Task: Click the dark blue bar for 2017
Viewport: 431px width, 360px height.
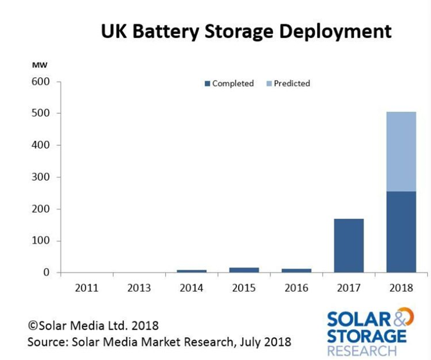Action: [x=349, y=246]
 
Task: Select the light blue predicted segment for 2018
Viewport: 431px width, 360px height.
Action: [x=401, y=152]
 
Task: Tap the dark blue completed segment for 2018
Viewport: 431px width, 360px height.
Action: [x=401, y=232]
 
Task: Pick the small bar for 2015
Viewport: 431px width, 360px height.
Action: [x=244, y=270]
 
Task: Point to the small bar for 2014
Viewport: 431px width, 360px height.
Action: [x=191, y=271]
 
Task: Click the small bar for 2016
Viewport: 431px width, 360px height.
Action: [x=296, y=271]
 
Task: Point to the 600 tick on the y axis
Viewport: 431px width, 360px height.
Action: [x=40, y=82]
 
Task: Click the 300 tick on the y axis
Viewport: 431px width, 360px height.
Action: [x=40, y=177]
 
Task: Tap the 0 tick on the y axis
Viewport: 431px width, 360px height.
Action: [x=46, y=273]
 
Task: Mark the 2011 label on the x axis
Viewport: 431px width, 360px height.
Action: [x=87, y=288]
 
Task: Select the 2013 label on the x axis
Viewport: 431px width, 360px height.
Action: [x=139, y=288]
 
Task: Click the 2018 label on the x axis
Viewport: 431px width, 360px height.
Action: [x=401, y=288]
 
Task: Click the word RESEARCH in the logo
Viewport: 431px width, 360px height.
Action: [x=362, y=351]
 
